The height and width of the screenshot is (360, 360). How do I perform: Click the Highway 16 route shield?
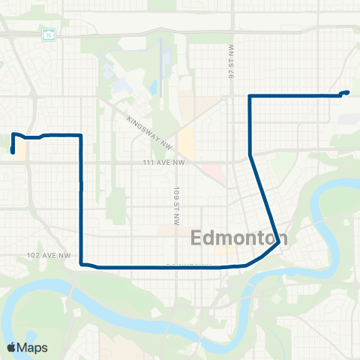coord(48,34)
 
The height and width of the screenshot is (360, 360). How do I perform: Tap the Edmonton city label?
coord(235,238)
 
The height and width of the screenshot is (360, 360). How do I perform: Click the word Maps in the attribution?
coord(33,347)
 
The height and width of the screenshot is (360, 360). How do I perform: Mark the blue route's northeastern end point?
coord(348,92)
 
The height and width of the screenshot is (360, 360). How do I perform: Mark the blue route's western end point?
coord(13,152)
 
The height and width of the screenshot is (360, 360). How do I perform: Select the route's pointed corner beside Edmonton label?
coord(279,241)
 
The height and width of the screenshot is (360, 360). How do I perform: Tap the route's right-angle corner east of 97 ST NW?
coord(249,96)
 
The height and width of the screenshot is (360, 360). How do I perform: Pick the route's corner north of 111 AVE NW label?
coord(80,135)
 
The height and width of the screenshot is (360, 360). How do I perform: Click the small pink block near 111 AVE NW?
coord(217,175)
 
